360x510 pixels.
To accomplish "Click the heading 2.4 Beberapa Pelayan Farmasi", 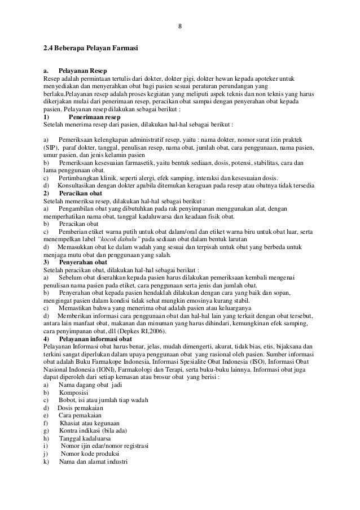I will (91, 53).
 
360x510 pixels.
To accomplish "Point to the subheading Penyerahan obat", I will (83, 263).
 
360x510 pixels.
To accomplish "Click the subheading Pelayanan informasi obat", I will (95, 323).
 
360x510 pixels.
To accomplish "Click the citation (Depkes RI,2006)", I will (139, 316).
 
